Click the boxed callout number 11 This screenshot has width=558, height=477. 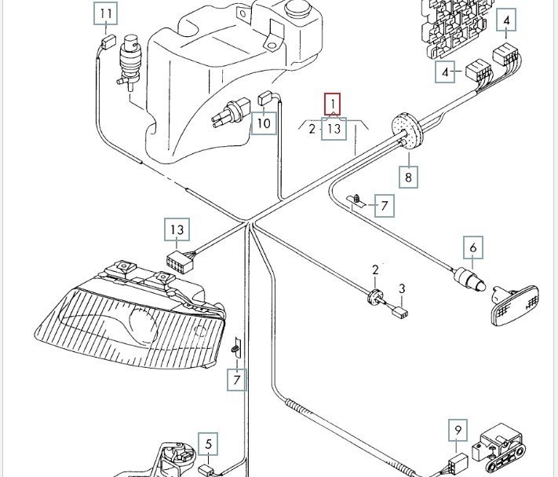point(106,14)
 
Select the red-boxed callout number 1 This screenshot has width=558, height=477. point(334,104)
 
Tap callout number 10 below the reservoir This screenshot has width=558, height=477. point(264,123)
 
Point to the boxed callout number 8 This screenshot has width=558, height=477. point(408,178)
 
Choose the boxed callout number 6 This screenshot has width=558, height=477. point(473,248)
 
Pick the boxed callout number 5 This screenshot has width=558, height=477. point(208,445)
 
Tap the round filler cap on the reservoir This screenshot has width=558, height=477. point(298,13)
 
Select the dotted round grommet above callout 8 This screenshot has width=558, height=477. point(405,129)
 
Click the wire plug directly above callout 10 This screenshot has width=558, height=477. point(264,98)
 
